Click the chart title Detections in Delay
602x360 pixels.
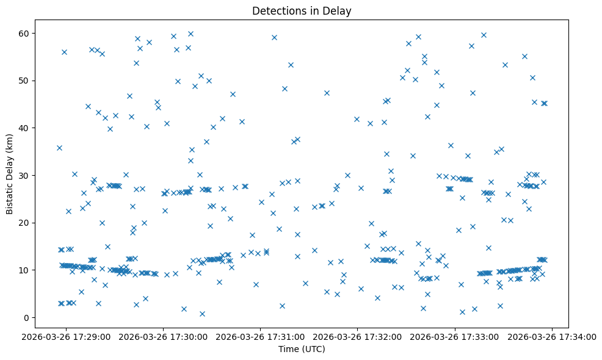(302, 11)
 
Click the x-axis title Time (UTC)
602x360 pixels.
(302, 349)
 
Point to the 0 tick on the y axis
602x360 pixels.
(27, 317)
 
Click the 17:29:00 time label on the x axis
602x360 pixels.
(66, 336)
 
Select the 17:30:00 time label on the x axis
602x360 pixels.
(164, 336)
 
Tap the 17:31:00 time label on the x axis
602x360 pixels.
(261, 336)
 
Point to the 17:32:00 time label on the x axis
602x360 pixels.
(358, 336)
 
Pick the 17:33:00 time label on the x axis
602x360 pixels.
(455, 336)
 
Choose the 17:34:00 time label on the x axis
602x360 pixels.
(553, 336)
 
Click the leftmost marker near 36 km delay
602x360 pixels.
(59, 148)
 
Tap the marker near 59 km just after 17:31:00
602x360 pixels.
(274, 37)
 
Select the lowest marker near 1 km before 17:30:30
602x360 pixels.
(202, 314)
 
